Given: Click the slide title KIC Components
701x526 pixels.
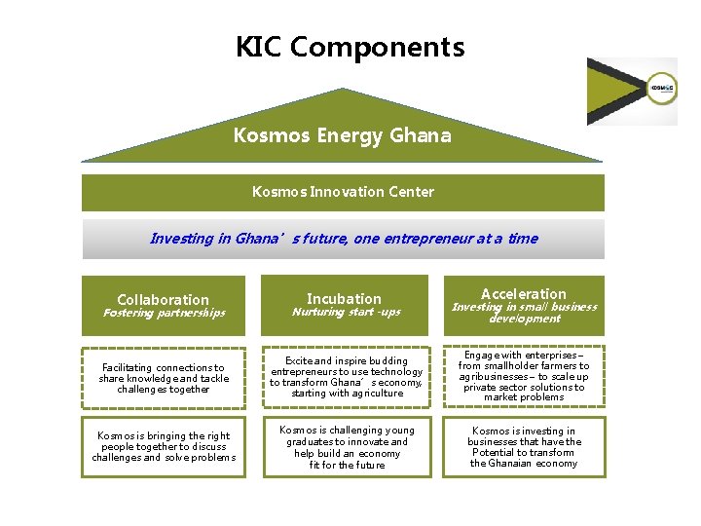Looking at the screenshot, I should click(x=350, y=47).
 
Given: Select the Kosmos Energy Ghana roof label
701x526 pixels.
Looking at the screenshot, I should click(x=342, y=136).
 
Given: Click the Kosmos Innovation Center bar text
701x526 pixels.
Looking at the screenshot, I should click(x=343, y=192).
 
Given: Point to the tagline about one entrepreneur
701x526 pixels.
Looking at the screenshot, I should click(x=343, y=239).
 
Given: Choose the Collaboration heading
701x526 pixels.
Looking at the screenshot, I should click(x=163, y=300).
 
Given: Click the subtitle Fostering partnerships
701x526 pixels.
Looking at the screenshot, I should click(x=164, y=314).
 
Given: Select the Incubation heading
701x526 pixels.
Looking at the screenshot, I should click(x=344, y=299).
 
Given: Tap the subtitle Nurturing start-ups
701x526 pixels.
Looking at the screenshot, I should click(x=346, y=313).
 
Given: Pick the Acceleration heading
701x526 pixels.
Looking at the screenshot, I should click(x=523, y=294).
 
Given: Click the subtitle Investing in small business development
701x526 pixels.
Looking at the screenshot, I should click(x=524, y=313).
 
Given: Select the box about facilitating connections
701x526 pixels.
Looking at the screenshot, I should click(x=164, y=378).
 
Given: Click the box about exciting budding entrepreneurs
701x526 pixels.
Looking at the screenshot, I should click(x=347, y=377).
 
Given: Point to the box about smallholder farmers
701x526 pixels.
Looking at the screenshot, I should click(x=524, y=377).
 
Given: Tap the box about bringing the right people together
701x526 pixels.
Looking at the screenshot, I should click(x=164, y=447).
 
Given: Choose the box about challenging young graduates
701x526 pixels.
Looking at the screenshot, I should click(x=347, y=447).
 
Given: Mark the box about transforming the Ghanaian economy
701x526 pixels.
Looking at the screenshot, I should click(x=524, y=447).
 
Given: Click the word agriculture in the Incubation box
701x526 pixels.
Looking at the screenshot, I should click(x=370, y=394).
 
